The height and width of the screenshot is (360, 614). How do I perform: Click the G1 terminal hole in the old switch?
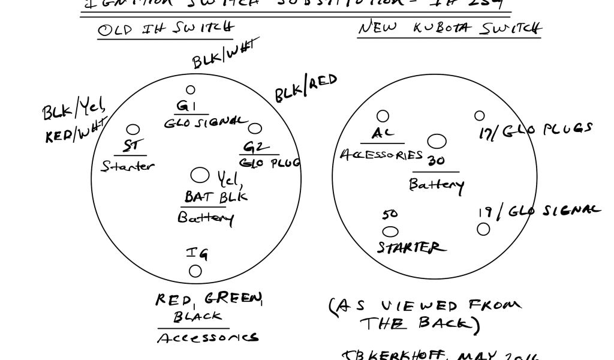(x=191, y=90)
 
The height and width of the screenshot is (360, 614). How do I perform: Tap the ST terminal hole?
(x=133, y=130)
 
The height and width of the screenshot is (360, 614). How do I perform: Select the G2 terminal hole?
(x=255, y=128)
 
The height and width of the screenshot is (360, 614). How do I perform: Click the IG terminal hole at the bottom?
(x=195, y=271)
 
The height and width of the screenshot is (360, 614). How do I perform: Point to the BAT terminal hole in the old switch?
(x=199, y=175)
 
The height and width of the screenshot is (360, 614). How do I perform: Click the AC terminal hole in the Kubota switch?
(x=383, y=116)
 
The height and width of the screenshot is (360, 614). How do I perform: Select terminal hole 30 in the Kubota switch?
(x=438, y=142)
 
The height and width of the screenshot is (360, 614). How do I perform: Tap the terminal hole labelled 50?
(x=390, y=232)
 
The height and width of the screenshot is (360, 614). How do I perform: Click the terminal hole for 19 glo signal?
(x=483, y=229)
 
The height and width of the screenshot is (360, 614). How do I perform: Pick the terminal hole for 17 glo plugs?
(x=480, y=115)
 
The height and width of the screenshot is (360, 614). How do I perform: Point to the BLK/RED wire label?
(x=306, y=88)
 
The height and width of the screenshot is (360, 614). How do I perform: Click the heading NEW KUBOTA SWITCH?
(x=450, y=28)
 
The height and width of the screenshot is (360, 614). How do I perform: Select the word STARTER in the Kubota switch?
(x=411, y=247)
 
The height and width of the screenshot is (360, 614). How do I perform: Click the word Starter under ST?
(x=127, y=166)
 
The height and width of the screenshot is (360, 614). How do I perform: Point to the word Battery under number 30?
(x=436, y=184)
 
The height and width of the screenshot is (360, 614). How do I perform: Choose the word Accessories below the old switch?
(x=207, y=338)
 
